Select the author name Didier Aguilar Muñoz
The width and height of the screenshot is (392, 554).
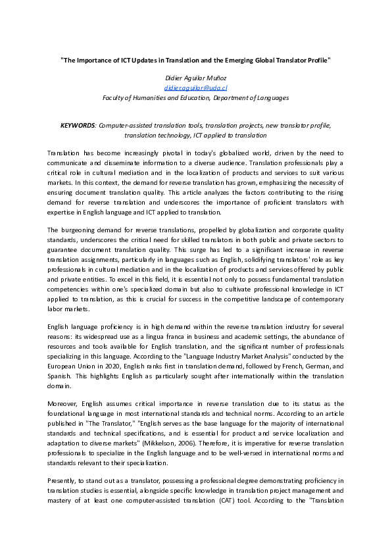pos(195,78)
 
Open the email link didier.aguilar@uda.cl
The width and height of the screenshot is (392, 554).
pos(195,88)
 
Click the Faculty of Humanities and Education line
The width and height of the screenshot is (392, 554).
pos(195,97)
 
